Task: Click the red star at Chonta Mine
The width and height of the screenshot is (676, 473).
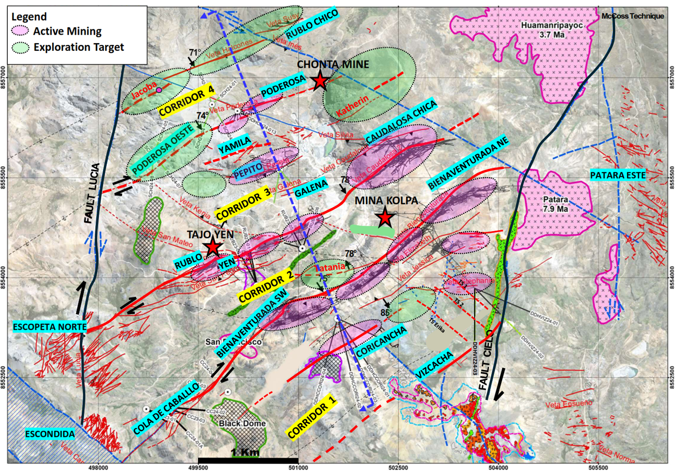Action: click(x=320, y=81)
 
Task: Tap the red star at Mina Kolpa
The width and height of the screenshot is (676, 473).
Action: click(x=385, y=218)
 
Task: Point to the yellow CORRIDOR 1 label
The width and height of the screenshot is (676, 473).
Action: click(x=311, y=417)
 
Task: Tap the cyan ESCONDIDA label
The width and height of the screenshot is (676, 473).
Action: click(x=50, y=434)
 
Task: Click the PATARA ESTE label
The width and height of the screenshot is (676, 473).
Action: click(x=618, y=175)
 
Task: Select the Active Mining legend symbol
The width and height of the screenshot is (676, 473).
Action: click(x=20, y=31)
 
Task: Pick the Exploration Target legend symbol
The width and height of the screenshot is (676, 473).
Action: click(x=20, y=47)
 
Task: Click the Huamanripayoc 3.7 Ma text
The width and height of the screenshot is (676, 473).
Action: click(x=551, y=30)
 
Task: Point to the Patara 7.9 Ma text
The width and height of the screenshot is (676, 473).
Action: click(x=555, y=204)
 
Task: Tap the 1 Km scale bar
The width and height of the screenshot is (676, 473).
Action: click(x=248, y=459)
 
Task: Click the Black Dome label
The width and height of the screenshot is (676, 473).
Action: click(x=242, y=424)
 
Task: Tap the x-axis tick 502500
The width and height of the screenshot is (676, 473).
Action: click(x=398, y=468)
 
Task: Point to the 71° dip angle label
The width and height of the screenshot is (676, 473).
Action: click(x=195, y=53)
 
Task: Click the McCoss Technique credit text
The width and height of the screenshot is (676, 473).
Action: click(x=632, y=16)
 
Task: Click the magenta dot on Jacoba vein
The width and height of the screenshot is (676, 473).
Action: click(x=159, y=90)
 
